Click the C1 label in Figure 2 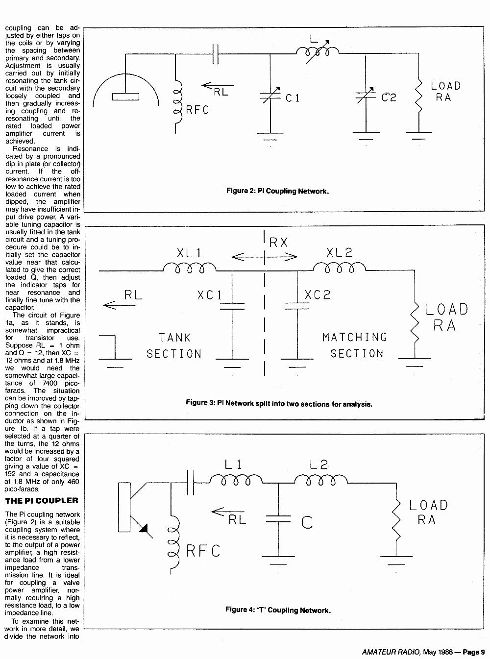(293, 98)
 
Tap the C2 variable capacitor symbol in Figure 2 (366, 95)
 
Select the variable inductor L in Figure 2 (318, 52)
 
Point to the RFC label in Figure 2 (197, 110)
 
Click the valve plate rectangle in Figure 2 (125, 97)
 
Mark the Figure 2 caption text (277, 191)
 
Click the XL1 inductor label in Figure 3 (189, 253)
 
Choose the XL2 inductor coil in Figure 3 (339, 267)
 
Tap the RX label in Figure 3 (278, 243)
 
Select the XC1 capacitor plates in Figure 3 (232, 306)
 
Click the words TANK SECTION (174, 345)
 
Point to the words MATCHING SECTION (355, 345)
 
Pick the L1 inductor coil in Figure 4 (236, 479)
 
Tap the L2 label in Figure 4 (319, 464)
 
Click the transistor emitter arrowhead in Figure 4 (144, 528)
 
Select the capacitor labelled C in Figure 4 (278, 519)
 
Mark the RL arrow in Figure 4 (228, 512)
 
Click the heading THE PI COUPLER (42, 501)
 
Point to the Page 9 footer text (474, 652)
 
